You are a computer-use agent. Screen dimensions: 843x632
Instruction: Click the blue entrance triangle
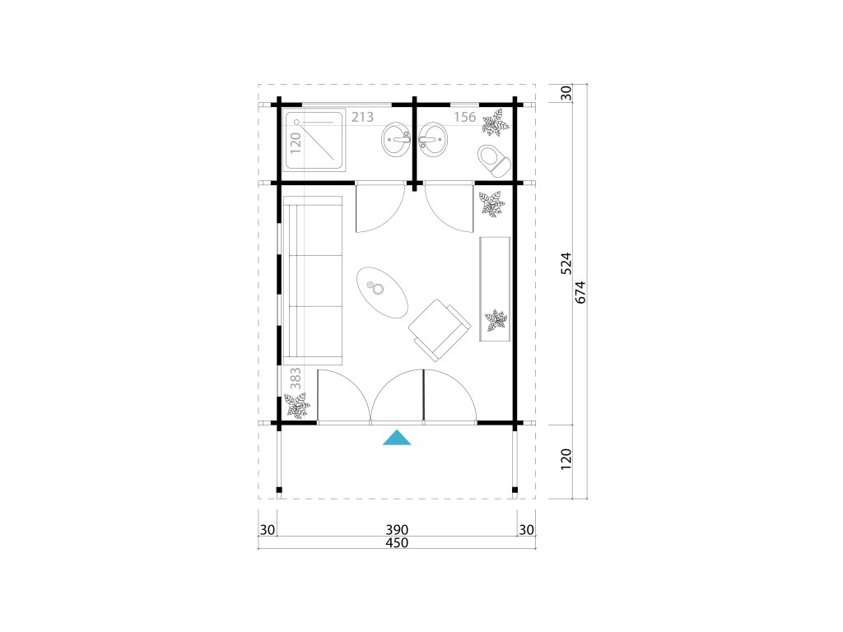[x=397, y=439]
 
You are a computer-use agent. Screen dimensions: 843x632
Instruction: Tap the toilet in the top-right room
[x=494, y=160]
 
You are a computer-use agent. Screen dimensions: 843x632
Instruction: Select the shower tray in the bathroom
[x=314, y=140]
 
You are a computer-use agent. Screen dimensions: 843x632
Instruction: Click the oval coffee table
[x=382, y=292]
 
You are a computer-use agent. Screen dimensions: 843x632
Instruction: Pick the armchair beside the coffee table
[x=440, y=330]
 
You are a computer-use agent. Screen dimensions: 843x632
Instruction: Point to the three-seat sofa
[x=313, y=281]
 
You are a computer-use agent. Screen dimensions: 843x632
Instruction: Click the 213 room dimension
[x=362, y=117]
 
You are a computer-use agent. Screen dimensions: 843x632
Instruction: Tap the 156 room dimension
[x=465, y=117]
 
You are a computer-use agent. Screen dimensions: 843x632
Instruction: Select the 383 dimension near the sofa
[x=296, y=379]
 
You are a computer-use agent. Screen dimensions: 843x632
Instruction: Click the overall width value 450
[x=397, y=543]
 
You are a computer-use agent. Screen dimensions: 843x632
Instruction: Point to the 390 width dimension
[x=397, y=530]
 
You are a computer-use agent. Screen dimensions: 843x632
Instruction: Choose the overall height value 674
[x=580, y=292]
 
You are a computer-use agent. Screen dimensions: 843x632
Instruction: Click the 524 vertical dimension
[x=566, y=263]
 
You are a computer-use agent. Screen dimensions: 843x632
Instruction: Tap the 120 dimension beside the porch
[x=566, y=459]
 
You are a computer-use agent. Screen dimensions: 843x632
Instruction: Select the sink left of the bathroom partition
[x=397, y=140]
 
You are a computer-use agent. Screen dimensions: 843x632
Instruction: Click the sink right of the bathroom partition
[x=432, y=140]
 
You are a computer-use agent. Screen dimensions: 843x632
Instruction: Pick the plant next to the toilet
[x=495, y=123]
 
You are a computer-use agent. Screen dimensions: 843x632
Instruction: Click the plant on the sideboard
[x=496, y=321]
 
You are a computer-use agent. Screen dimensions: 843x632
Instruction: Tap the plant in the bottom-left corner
[x=297, y=405]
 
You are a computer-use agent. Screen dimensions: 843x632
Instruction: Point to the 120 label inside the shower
[x=296, y=143]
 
